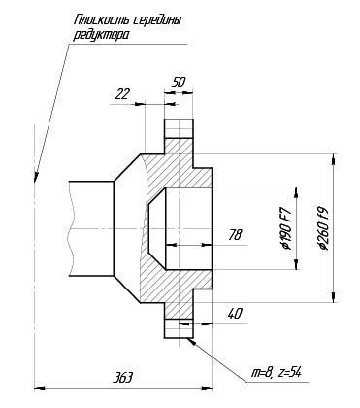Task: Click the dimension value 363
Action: pyautogui.click(x=122, y=378)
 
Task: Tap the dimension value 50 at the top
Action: pyautogui.click(x=179, y=83)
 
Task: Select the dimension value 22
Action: pyautogui.click(x=122, y=94)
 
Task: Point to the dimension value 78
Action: pyautogui.click(x=235, y=235)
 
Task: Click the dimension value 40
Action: pyautogui.click(x=235, y=314)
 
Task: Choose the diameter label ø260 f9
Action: pyautogui.click(x=323, y=228)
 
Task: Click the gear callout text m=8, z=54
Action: pyautogui.click(x=277, y=373)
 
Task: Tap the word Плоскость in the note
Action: pyautogui.click(x=102, y=20)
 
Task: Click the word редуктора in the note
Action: pyautogui.click(x=101, y=35)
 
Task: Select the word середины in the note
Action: pyautogui.click(x=157, y=21)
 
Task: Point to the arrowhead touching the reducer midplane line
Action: pyautogui.click(x=36, y=178)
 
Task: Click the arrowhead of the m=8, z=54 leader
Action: pyautogui.click(x=191, y=341)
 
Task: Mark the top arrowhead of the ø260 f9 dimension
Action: pyautogui.click(x=333, y=159)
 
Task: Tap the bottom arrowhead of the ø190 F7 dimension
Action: pyautogui.click(x=296, y=264)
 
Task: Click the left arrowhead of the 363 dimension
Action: pyautogui.click(x=39, y=387)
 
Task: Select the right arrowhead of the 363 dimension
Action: pyautogui.click(x=207, y=387)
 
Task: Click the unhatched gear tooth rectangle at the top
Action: pyautogui.click(x=179, y=128)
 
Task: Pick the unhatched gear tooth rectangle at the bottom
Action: pyautogui.click(x=179, y=328)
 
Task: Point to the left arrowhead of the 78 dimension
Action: pyautogui.click(x=171, y=245)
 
